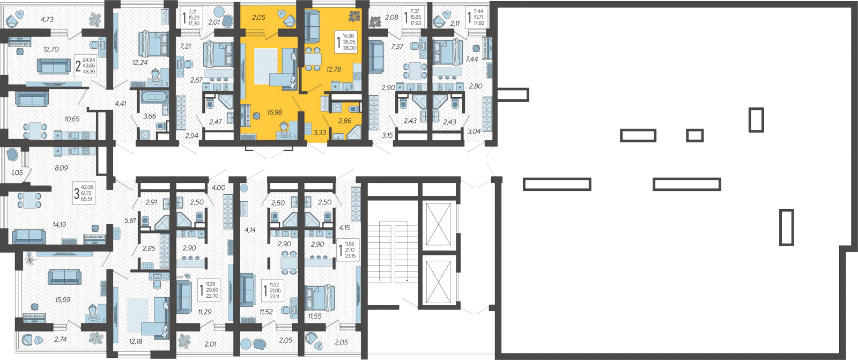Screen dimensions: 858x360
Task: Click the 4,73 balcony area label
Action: coord(47,19)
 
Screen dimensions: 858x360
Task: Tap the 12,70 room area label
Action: coord(51,49)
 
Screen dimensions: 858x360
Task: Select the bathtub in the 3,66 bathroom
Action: coord(154,97)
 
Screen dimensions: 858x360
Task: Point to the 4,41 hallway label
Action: coord(120,103)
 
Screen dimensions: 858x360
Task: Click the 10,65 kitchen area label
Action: coord(72,119)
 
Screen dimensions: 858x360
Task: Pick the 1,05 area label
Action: coord(17,173)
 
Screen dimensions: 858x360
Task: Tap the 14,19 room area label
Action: coord(60,225)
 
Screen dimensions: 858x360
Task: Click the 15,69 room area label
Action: coord(62,299)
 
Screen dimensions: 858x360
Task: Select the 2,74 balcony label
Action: coord(61,339)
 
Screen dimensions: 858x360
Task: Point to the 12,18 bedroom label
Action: coord(136,341)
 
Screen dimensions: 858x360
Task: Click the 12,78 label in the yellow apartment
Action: coord(334,69)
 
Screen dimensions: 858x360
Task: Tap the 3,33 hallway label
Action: coord(320,133)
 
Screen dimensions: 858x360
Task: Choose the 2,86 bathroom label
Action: coord(345,121)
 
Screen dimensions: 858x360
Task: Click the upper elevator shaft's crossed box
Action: coord(439,224)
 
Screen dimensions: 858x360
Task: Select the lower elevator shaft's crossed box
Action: coord(439,282)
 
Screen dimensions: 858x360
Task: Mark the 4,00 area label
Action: coord(218,187)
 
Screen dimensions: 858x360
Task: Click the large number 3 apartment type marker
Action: coord(77,194)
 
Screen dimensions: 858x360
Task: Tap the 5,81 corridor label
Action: coord(130,221)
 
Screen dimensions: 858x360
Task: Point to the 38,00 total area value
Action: coord(349,48)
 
